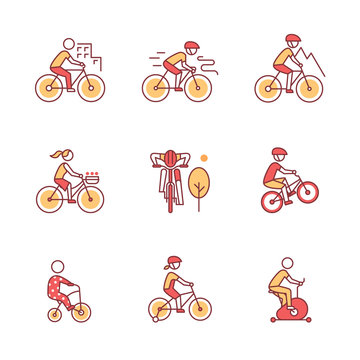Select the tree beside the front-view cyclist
point(199,183)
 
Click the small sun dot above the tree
point(203,158)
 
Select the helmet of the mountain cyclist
point(290,40)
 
